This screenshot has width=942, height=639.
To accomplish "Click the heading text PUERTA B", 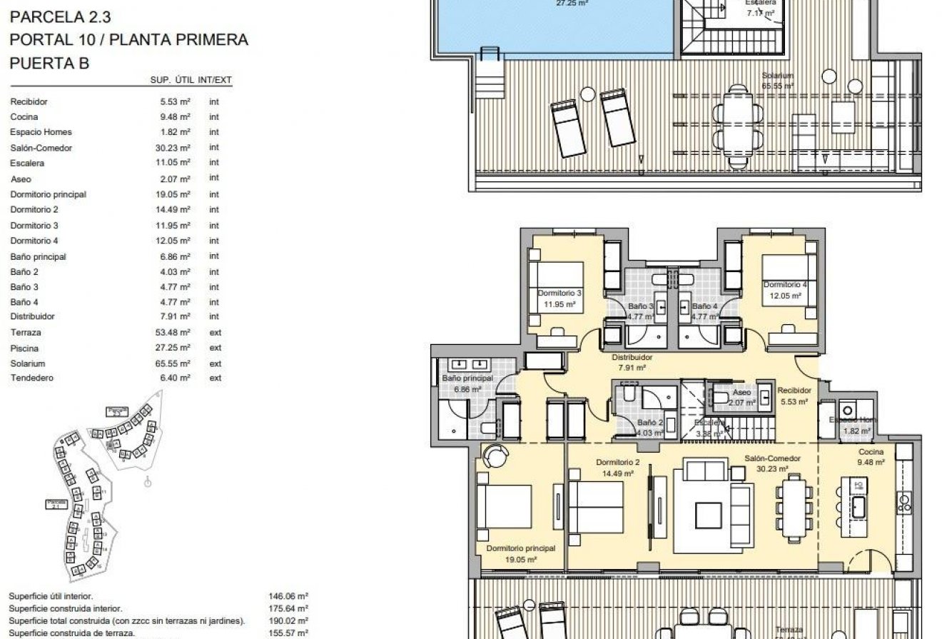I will point(49,63).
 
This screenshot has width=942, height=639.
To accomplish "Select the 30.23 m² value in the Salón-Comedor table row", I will point(175,148).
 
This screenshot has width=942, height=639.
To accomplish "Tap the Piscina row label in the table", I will point(24,348).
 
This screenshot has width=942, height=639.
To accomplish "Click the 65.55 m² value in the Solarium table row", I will point(175,363).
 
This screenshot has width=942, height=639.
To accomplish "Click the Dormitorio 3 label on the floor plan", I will point(559,293).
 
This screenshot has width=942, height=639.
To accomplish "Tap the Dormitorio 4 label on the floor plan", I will point(785,285).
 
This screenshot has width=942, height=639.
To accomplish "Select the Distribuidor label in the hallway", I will point(632,358).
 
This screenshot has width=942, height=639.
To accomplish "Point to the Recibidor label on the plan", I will point(794,391).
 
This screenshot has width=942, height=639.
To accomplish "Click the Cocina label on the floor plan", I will point(871,452).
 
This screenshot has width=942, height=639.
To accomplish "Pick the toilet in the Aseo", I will point(721,398).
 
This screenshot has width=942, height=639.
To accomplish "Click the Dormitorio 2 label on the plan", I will point(617,463).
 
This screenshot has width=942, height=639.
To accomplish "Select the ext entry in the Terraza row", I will point(215,333).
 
